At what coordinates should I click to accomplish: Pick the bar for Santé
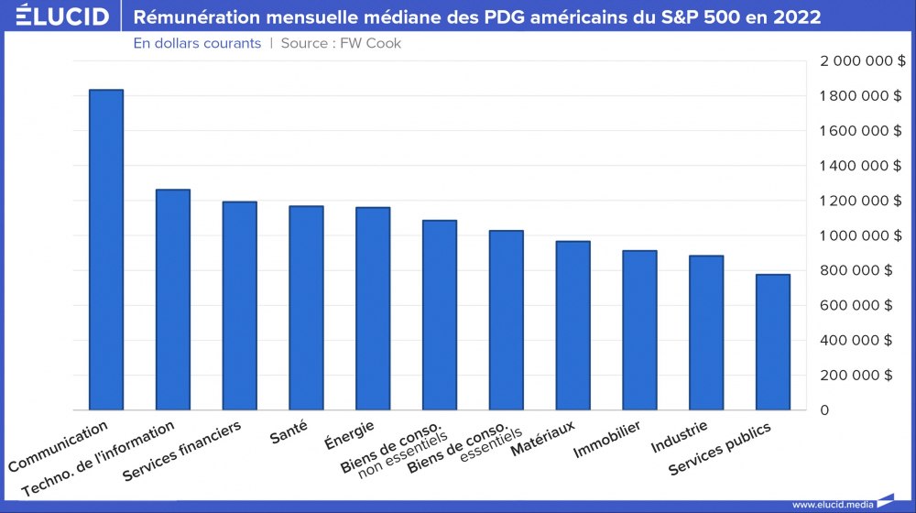point(306,308)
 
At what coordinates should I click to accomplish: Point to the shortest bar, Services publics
point(773,342)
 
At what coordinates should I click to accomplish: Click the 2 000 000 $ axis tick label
point(862,60)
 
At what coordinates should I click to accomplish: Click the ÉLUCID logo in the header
point(56,16)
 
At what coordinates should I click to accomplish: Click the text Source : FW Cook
point(341,43)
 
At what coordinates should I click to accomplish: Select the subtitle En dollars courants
point(197,43)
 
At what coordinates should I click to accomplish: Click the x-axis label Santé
point(289,431)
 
